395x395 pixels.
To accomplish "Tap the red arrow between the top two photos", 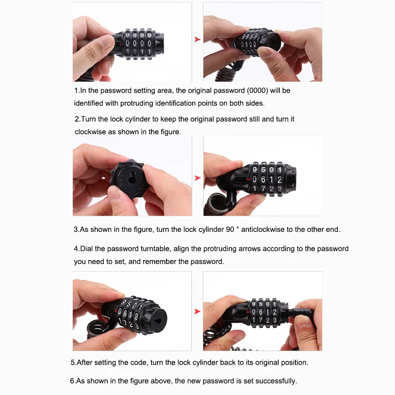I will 198,39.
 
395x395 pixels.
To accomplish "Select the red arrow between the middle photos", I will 198,178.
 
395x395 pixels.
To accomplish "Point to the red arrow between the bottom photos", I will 198,311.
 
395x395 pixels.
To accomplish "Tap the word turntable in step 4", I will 155,249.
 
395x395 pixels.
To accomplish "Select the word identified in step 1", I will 88,103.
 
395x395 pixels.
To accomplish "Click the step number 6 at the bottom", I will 72,381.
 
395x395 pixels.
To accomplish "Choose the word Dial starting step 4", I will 88,249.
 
